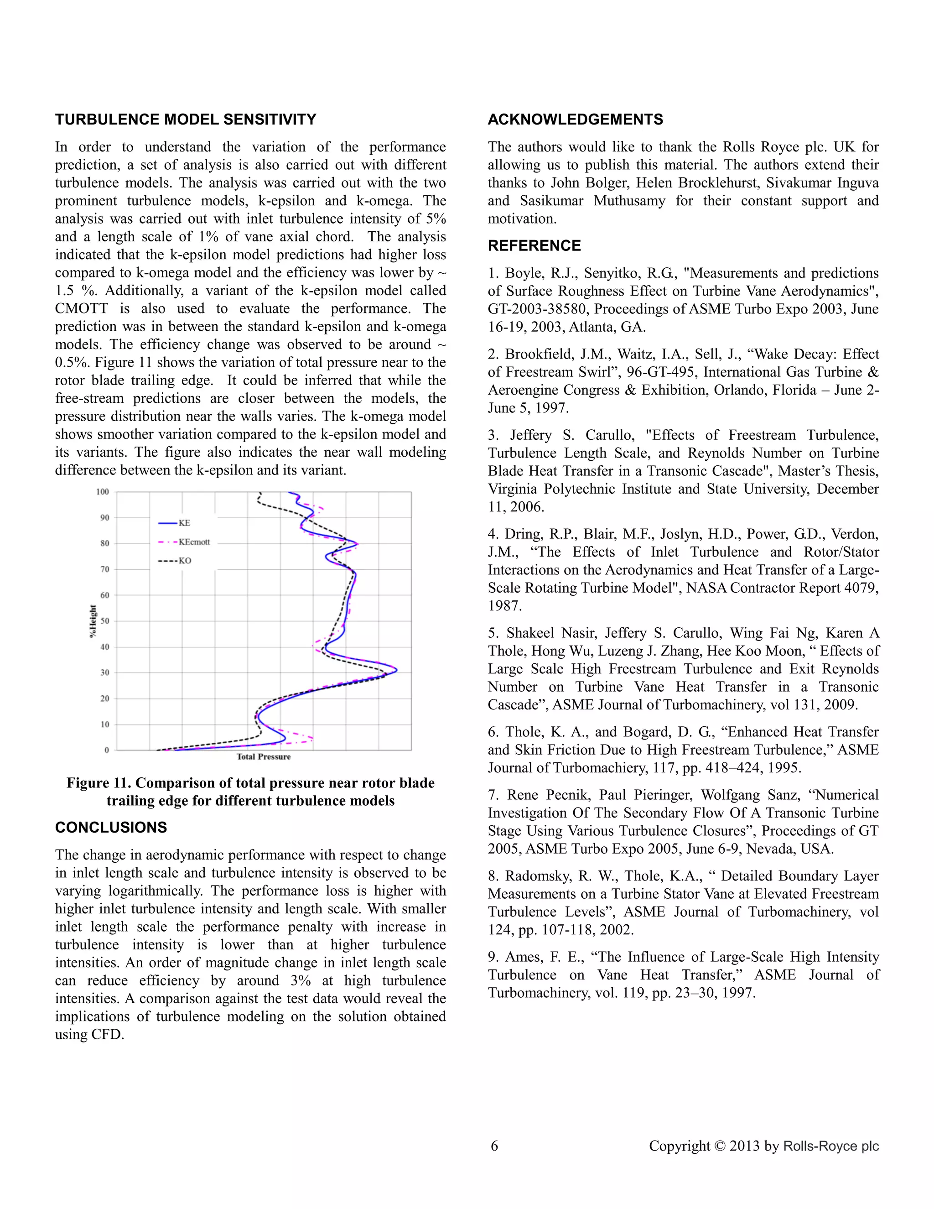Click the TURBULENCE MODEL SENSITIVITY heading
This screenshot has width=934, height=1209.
click(185, 120)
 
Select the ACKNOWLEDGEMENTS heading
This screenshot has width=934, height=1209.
click(575, 120)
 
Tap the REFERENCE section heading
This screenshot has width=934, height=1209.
click(534, 246)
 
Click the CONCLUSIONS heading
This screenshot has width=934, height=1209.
click(111, 827)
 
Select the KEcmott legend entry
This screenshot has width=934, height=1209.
click(194, 542)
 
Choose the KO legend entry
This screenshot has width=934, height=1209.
click(185, 561)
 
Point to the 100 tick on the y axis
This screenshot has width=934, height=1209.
click(103, 491)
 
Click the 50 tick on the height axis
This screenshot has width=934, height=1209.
click(104, 621)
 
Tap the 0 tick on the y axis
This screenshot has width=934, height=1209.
click(107, 750)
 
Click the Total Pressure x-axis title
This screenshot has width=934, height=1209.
click(264, 757)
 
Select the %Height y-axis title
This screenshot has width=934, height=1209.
click(93, 620)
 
